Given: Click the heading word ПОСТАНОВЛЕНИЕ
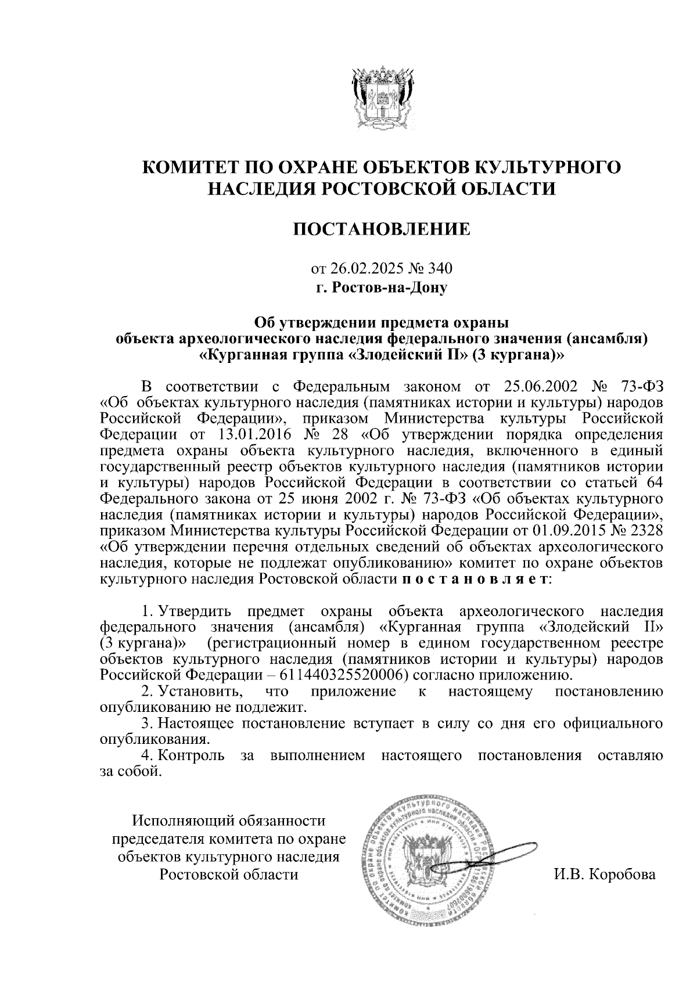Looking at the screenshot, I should (382, 230).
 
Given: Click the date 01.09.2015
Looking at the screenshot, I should (569, 531).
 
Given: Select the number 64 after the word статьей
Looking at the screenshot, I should (652, 483).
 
